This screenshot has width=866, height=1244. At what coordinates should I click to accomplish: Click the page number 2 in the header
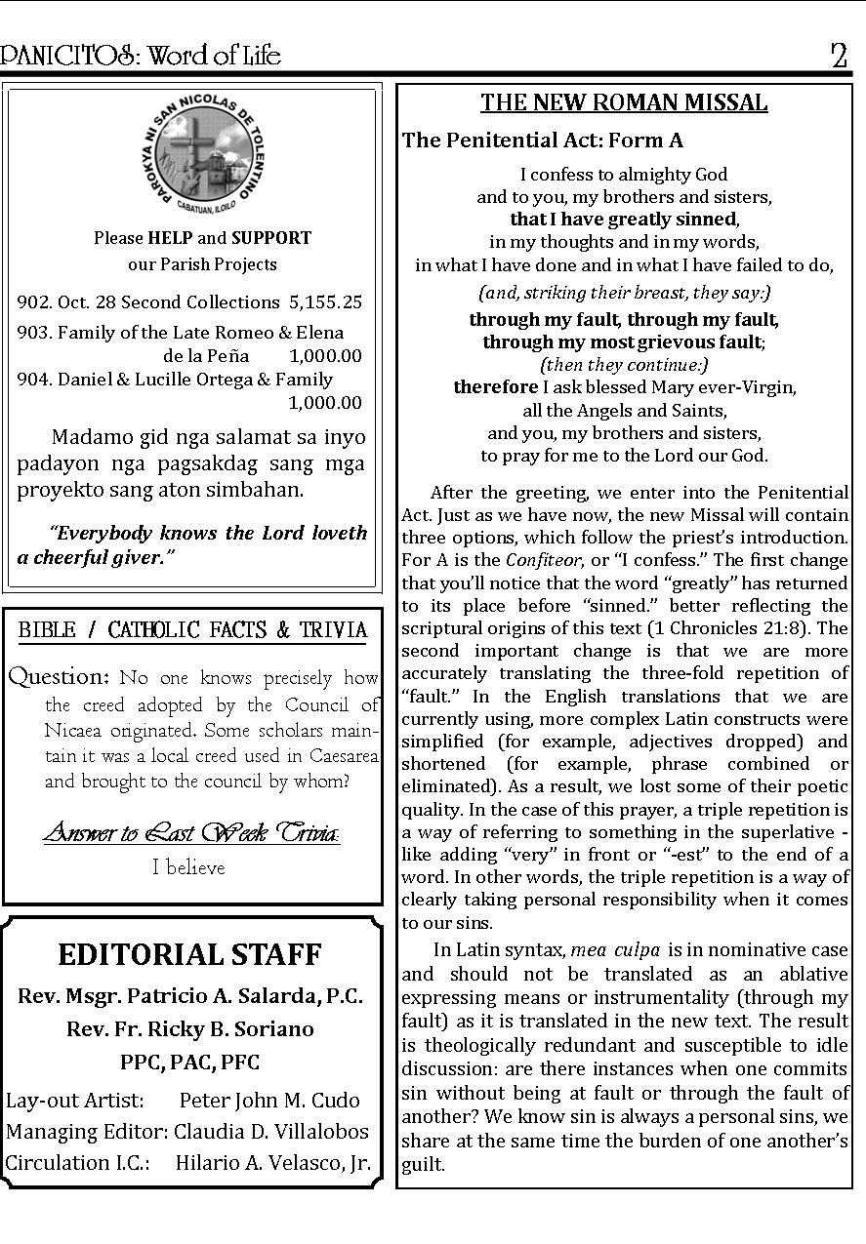839,56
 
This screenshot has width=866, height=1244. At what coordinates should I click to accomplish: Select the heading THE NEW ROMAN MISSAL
624,103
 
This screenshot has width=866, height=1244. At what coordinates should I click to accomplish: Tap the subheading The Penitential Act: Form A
542,140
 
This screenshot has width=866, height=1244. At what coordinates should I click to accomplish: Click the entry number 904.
34,380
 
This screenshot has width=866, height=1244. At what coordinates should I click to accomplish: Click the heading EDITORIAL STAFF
189,954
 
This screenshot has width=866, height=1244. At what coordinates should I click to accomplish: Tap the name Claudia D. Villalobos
271,1131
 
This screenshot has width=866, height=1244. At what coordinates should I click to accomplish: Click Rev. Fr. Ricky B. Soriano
190,1028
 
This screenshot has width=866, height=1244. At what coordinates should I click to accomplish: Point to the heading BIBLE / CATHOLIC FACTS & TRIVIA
192,630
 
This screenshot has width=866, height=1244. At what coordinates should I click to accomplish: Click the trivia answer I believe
188,867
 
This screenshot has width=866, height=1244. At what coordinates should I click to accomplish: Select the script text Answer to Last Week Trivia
191,833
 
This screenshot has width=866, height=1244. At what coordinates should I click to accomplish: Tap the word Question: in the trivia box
59,676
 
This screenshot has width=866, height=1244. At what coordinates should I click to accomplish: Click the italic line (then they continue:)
624,365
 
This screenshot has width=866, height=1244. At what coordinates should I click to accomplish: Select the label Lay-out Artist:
75,1100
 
